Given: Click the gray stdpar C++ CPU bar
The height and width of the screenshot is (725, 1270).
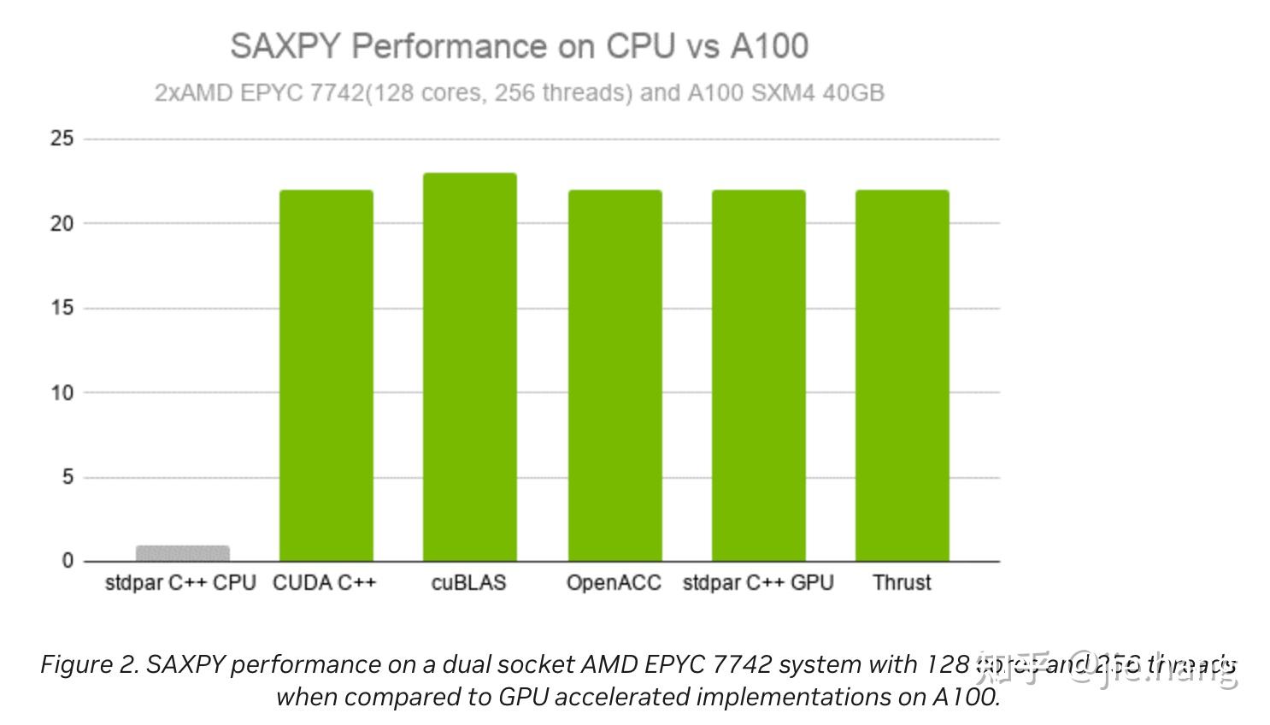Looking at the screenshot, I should tap(182, 553).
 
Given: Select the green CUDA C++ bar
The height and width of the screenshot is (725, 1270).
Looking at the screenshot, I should tap(326, 375).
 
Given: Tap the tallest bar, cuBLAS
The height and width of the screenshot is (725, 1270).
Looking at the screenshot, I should tap(469, 367).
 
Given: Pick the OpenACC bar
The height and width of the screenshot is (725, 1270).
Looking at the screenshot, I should tap(614, 375).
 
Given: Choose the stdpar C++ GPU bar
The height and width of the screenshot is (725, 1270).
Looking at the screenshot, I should tap(758, 375).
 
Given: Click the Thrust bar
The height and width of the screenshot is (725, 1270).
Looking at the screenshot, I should tap(902, 375).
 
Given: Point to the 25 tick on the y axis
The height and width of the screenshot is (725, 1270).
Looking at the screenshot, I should tap(62, 139).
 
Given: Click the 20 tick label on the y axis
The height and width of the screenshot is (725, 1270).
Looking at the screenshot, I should tap(62, 223).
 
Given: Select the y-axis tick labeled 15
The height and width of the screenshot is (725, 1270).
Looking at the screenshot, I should tap(62, 308).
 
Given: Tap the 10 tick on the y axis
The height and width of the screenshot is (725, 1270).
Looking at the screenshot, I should tap(62, 392).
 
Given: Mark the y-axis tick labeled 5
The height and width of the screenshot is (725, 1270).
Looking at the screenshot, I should tap(68, 477).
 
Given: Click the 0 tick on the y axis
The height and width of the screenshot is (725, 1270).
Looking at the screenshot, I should tap(68, 561).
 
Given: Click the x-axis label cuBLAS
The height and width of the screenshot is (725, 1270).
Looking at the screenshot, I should tap(468, 583).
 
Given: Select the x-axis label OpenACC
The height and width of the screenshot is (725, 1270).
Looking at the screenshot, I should tap(614, 583).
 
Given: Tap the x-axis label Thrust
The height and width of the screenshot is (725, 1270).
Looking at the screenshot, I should tap(902, 583).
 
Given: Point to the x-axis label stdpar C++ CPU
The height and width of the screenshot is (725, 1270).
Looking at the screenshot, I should tap(180, 583).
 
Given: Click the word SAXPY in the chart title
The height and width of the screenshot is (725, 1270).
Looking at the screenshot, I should tap(285, 46).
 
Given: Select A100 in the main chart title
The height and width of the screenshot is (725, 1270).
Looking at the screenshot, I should tap(768, 46).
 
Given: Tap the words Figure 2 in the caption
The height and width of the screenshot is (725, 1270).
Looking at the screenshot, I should tap(89, 664).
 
